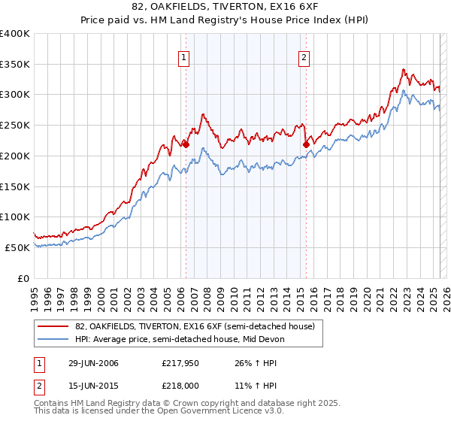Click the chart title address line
point(225,8)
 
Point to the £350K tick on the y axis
point(15,65)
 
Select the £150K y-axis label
point(15,186)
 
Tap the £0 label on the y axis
point(23,278)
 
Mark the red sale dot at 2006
point(186,145)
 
